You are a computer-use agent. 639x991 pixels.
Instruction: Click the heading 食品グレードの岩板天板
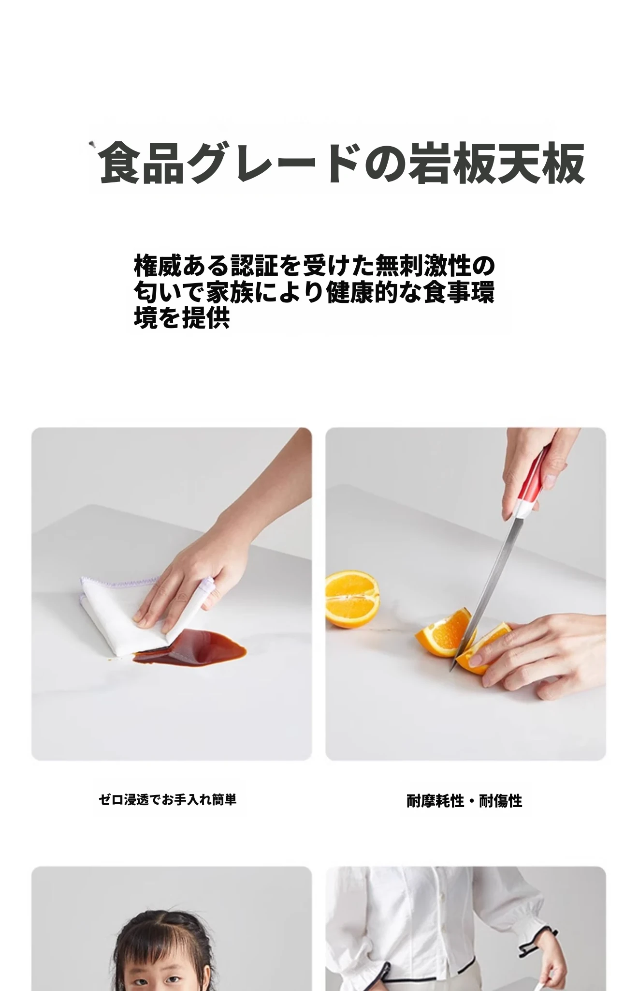pyautogui.click(x=342, y=163)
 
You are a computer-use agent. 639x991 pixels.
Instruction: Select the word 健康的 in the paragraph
pyautogui.click(x=363, y=292)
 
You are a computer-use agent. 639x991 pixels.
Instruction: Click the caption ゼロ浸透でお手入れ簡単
pyautogui.click(x=168, y=800)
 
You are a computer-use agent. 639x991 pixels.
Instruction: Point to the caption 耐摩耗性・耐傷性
pyautogui.click(x=464, y=801)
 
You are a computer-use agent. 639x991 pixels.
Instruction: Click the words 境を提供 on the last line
pyautogui.click(x=181, y=318)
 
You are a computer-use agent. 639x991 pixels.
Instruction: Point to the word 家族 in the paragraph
pyautogui.click(x=230, y=292)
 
